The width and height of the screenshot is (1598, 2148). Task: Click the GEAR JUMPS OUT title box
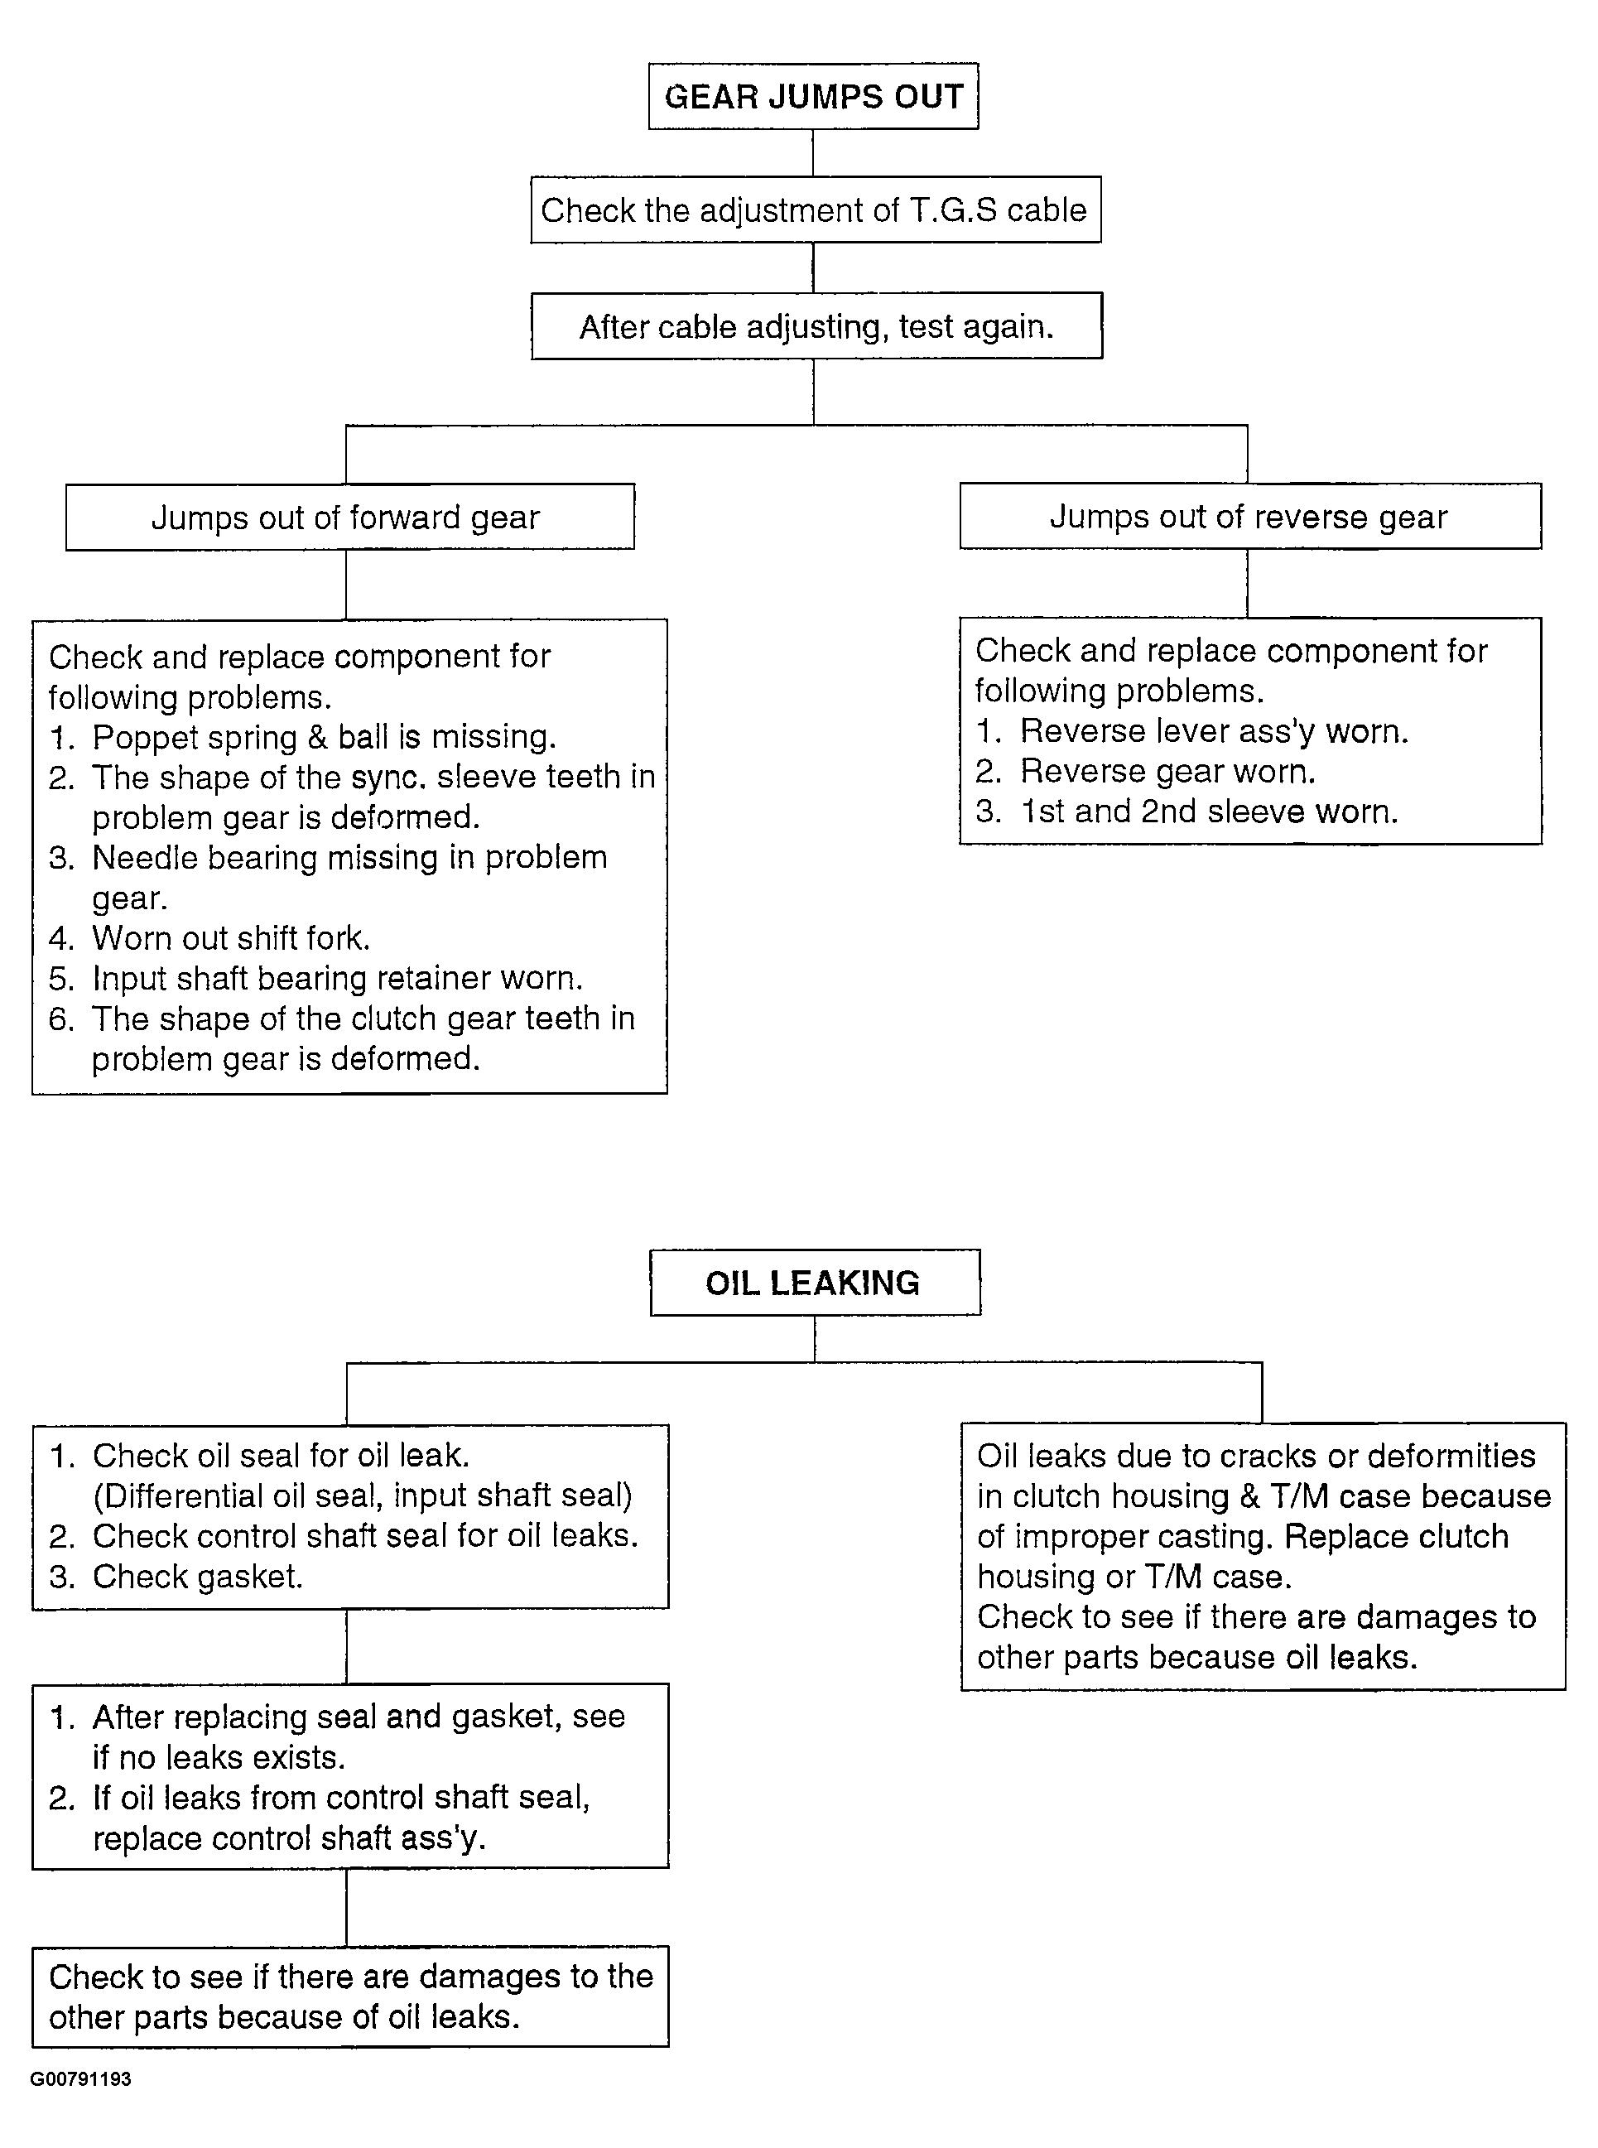coord(812,96)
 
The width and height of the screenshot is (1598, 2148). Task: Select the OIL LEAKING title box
coord(814,1283)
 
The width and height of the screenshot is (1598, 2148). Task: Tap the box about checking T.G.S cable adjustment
coord(815,210)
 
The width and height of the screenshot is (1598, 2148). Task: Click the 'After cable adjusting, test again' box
coord(816,326)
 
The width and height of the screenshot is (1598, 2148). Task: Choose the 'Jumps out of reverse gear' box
coord(1249,517)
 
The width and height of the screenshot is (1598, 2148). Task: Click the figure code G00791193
coord(80,2079)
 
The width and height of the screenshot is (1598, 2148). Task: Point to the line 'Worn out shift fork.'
coord(230,938)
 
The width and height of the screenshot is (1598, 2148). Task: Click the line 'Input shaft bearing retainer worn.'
coord(337,978)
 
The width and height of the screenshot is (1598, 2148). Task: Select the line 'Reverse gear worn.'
coord(1167,771)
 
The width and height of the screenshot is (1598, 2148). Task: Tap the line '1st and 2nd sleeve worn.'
coord(1209,811)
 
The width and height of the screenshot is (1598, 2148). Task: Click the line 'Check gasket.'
coord(197,1577)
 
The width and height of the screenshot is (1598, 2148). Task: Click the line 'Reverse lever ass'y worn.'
coord(1214,731)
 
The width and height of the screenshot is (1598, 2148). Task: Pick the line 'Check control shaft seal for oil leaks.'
coord(364,1536)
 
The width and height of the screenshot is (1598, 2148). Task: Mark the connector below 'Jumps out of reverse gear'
coord(1247,583)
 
